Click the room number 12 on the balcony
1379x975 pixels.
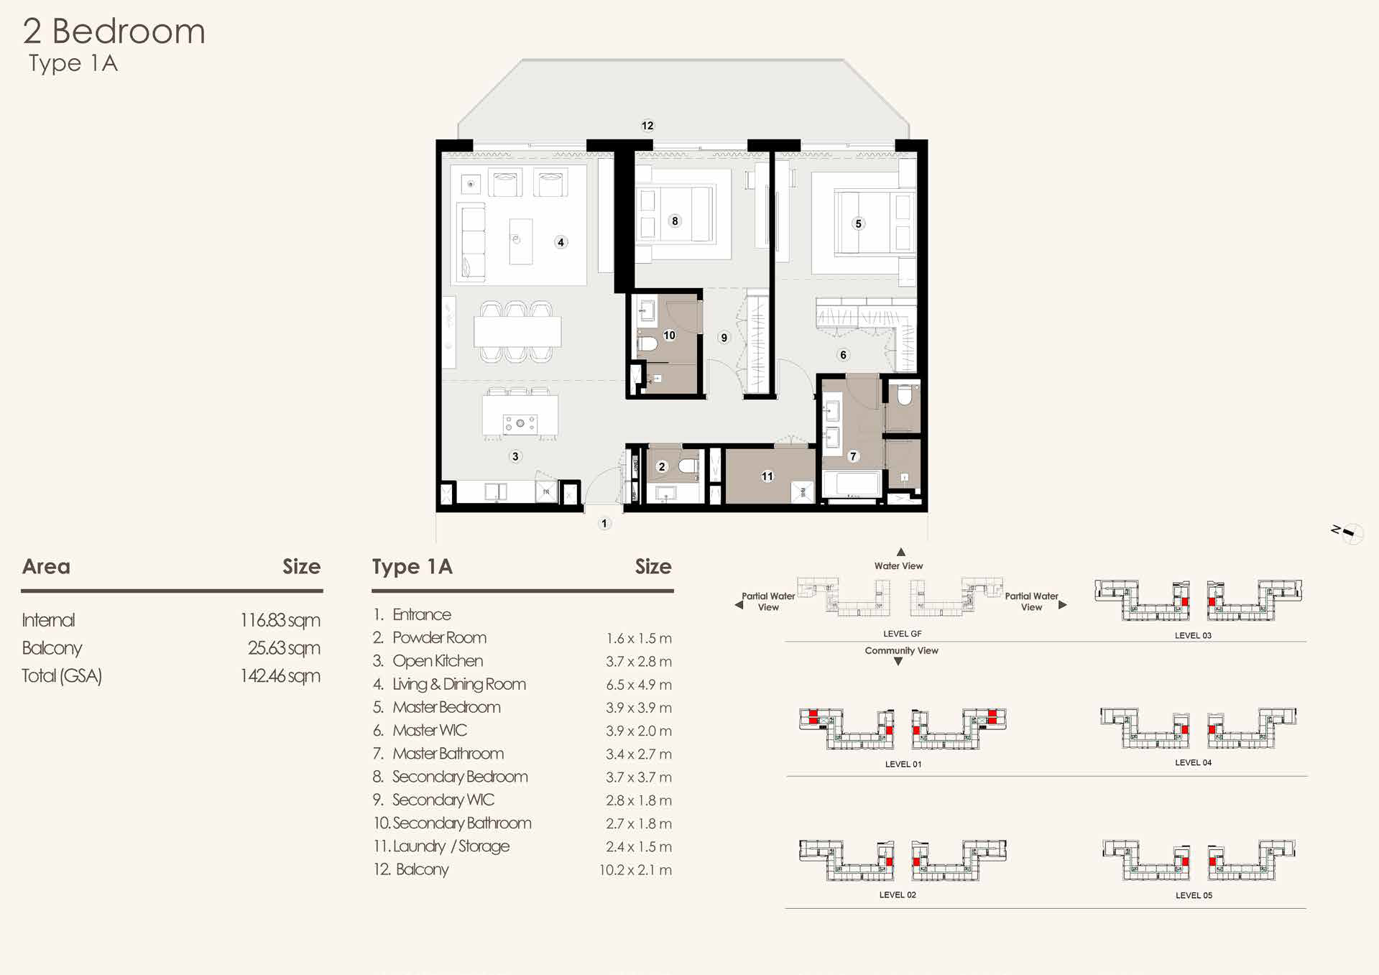pyautogui.click(x=647, y=126)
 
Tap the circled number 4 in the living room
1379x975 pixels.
pyautogui.click(x=561, y=242)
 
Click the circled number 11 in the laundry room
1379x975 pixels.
pyautogui.click(x=767, y=476)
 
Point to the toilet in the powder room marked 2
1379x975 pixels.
pyautogui.click(x=688, y=466)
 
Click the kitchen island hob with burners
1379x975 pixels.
pyautogui.click(x=520, y=423)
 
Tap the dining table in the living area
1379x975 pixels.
pyautogui.click(x=517, y=332)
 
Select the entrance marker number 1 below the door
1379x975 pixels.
pyautogui.click(x=604, y=524)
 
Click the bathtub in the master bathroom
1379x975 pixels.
pyautogui.click(x=852, y=484)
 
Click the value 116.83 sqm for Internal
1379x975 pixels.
pyautogui.click(x=280, y=620)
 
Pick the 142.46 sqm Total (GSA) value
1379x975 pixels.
pyautogui.click(x=280, y=676)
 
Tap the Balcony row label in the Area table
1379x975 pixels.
pyautogui.click(x=52, y=648)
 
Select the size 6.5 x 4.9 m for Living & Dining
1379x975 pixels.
pyautogui.click(x=638, y=685)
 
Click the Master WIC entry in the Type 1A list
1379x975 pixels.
pyautogui.click(x=429, y=731)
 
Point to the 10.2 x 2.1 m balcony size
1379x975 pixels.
pyautogui.click(x=635, y=870)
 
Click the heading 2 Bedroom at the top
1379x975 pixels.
pyautogui.click(x=114, y=32)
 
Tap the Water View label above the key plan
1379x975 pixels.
pyautogui.click(x=898, y=566)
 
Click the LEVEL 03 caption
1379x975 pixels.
pyautogui.click(x=1193, y=635)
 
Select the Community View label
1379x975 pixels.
pyautogui.click(x=901, y=651)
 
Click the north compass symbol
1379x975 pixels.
pyautogui.click(x=1348, y=532)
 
